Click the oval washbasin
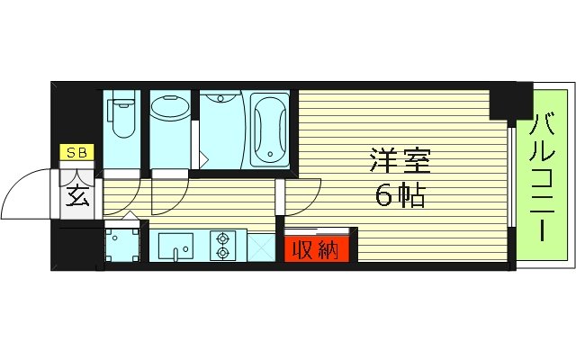[167, 110]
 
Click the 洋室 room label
[400, 162]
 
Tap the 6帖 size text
[400, 196]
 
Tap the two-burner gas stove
[221, 244]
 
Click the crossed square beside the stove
[262, 246]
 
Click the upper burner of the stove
[221, 238]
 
